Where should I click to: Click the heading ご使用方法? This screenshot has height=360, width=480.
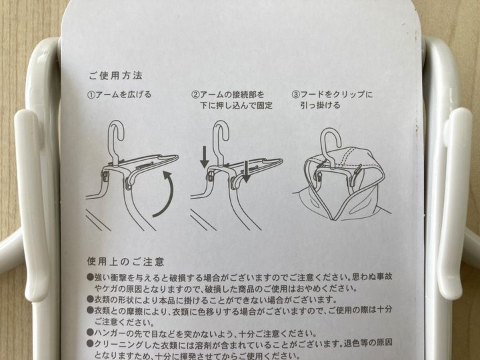(115, 75)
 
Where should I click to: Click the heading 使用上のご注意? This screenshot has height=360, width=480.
(125, 262)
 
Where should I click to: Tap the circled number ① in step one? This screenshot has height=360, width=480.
(91, 95)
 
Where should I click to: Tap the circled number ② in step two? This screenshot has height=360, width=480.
(195, 95)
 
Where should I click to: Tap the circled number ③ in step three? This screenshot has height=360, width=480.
(295, 95)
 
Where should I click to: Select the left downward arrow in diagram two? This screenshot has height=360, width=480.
(205, 157)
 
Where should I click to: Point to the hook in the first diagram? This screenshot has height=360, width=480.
(116, 135)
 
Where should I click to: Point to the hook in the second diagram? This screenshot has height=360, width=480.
(221, 135)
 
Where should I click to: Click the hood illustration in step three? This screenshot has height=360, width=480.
(343, 184)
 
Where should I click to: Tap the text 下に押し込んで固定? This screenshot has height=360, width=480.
(236, 105)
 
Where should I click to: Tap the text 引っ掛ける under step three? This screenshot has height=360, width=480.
(320, 105)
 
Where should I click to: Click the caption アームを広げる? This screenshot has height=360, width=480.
(124, 95)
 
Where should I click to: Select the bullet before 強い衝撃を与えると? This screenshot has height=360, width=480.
(90, 277)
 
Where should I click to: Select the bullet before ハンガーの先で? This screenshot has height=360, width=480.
(90, 333)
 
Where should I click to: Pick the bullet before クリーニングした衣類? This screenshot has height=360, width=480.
(90, 343)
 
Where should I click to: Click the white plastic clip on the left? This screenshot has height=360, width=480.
(31, 205)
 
